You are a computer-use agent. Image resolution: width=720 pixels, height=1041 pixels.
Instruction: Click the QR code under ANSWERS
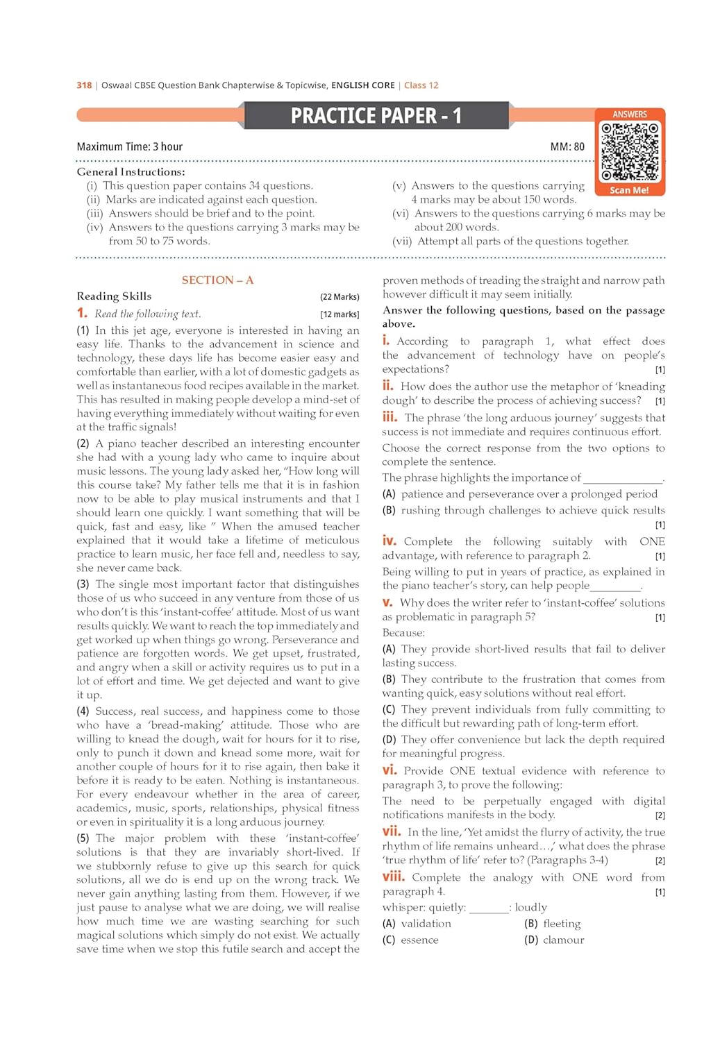point(629,151)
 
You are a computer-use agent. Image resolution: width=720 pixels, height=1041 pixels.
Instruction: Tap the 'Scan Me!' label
point(629,190)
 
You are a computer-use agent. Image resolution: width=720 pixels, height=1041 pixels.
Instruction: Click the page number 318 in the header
point(84,85)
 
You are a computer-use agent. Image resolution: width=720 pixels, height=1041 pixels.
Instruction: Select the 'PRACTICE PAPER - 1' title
point(376,115)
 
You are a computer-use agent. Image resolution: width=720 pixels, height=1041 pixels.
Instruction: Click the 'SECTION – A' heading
point(217,280)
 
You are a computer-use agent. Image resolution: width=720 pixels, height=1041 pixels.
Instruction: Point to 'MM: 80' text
point(567,146)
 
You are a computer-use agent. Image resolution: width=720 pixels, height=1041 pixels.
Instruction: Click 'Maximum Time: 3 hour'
point(130,146)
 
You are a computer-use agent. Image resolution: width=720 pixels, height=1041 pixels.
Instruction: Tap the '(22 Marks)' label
point(340,297)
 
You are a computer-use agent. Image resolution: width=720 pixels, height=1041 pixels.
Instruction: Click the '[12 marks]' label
point(340,314)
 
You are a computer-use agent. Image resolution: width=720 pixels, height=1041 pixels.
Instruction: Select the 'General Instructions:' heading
point(131,171)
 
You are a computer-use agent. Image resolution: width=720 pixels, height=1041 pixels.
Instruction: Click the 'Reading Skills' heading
point(114,296)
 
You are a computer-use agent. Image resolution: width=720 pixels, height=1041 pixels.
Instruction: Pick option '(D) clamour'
point(554,940)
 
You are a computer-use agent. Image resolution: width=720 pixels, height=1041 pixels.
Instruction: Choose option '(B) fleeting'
point(552,924)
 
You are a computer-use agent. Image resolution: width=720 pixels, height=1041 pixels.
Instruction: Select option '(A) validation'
point(417,924)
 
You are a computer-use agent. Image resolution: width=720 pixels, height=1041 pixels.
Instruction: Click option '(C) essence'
point(410,940)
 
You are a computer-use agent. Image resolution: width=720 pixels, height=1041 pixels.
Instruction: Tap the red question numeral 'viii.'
point(392,877)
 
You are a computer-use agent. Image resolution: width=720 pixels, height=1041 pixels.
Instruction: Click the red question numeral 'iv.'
point(389,541)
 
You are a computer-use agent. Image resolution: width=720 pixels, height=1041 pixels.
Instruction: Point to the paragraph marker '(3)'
point(83,584)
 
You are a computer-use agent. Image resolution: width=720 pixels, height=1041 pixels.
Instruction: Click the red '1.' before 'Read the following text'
point(82,313)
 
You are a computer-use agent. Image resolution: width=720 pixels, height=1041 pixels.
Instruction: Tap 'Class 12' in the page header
point(421,85)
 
